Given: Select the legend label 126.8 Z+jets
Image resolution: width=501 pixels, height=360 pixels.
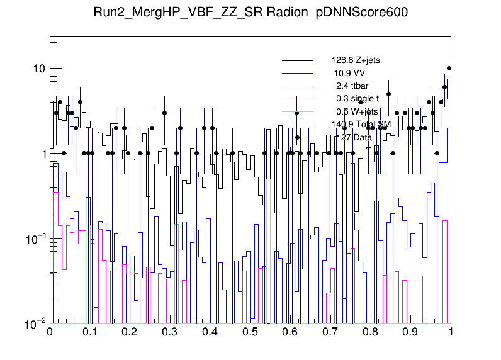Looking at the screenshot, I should (356, 60).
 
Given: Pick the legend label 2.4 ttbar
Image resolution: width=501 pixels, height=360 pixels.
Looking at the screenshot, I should (352, 86).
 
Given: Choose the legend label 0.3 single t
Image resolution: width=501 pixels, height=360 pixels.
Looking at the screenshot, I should (357, 98).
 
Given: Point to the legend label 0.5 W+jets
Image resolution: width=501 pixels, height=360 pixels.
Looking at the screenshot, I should (357, 111).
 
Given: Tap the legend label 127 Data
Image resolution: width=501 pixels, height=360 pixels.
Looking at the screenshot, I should (354, 137).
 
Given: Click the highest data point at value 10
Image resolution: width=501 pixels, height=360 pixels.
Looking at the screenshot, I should (449, 69).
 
